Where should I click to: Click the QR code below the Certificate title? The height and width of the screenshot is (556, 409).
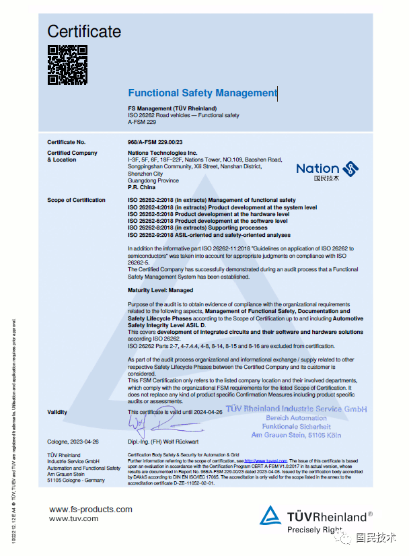click(67, 65)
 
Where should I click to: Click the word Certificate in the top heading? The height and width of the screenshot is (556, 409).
click(84, 31)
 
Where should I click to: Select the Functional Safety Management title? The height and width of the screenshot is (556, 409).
click(202, 93)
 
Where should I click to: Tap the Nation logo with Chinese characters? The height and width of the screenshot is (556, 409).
click(327, 172)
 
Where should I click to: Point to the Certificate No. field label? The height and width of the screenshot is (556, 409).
click(67, 142)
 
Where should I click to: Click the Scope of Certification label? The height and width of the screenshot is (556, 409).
click(76, 200)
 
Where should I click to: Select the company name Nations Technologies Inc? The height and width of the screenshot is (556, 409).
click(162, 153)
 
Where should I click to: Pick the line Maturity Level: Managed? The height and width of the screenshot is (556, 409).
click(160, 290)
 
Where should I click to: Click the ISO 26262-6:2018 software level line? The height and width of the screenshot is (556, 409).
click(213, 221)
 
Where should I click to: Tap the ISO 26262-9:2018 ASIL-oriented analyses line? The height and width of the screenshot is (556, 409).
click(209, 235)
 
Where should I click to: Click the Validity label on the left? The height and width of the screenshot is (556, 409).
click(57, 411)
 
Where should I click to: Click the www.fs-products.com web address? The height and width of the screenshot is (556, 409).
click(91, 510)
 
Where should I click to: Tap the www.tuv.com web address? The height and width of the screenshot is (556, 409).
click(74, 518)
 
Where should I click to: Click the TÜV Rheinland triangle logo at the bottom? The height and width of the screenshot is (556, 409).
click(271, 516)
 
